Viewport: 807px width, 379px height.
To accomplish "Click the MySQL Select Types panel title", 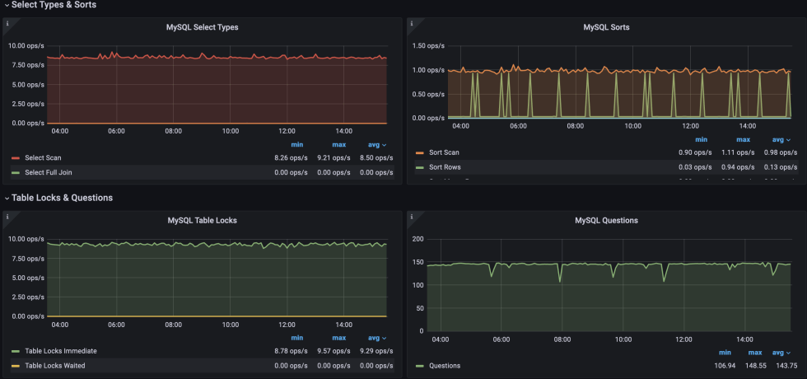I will pyautogui.click(x=203, y=27).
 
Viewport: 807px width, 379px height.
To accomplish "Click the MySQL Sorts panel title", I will pyautogui.click(x=606, y=27).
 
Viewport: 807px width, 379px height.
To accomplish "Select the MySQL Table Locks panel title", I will pyautogui.click(x=203, y=221).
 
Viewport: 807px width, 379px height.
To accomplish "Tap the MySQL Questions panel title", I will pyautogui.click(x=606, y=221).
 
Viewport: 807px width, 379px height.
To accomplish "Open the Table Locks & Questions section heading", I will pyautogui.click(x=62, y=198).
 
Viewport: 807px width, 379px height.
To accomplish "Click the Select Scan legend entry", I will pyautogui.click(x=43, y=157).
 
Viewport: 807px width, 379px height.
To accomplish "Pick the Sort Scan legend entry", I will pyautogui.click(x=444, y=152).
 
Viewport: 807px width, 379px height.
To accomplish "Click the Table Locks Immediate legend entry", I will pyautogui.click(x=62, y=351).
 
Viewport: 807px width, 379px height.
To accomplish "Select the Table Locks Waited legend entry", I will pyautogui.click(x=55, y=366).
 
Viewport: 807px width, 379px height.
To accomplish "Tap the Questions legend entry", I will pyautogui.click(x=445, y=366).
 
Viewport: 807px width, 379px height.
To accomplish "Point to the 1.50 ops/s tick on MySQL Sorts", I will pyautogui.click(x=428, y=46).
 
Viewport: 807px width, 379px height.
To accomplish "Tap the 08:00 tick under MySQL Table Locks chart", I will pyautogui.click(x=173, y=325).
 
